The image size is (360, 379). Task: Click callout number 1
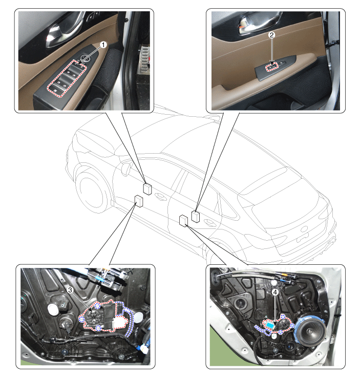[103, 45]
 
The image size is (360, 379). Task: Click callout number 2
[272, 35]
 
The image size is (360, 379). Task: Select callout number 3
[70, 290]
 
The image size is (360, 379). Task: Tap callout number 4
[275, 292]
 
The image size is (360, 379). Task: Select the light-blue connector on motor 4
[271, 325]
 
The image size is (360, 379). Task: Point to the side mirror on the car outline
[126, 169]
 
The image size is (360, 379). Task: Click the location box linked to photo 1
[147, 188]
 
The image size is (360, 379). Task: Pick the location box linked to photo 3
[139, 201]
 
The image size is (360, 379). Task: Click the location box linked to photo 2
[196, 216]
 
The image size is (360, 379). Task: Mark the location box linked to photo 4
[184, 221]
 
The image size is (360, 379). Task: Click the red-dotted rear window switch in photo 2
[272, 67]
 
